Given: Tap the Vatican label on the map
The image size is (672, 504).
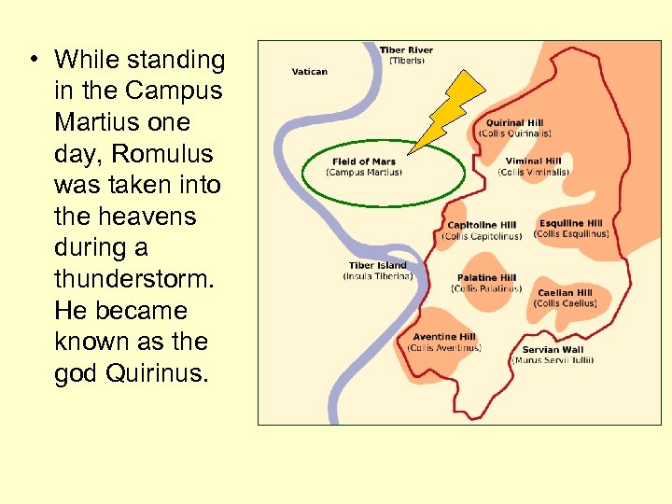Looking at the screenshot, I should (x=309, y=72).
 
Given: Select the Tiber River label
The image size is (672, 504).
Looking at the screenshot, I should (x=406, y=50).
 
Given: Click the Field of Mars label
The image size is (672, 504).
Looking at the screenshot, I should (x=364, y=162).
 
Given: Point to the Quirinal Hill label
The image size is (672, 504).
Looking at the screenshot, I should (x=515, y=123).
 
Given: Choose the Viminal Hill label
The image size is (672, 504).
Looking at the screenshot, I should (x=533, y=161).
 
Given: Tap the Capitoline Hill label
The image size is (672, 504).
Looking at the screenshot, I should (x=482, y=225).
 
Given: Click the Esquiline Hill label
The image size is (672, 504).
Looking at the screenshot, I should (x=570, y=224).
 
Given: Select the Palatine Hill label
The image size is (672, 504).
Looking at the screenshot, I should (x=486, y=278).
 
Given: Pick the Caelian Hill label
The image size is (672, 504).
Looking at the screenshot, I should (x=565, y=293).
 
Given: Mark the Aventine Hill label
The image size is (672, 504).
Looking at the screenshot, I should (x=444, y=337).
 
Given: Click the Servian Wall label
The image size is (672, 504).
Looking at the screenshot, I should (x=553, y=350).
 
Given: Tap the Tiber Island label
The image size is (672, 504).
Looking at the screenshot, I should (x=378, y=266).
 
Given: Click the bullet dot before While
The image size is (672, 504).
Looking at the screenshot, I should (x=33, y=61).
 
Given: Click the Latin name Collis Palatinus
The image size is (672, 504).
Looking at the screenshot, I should (x=486, y=288).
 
